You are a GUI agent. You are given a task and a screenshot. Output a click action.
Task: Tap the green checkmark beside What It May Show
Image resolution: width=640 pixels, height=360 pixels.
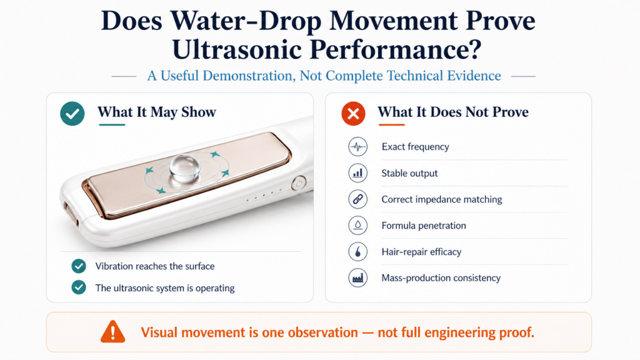72,114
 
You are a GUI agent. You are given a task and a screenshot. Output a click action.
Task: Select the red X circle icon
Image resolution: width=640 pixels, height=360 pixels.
354,114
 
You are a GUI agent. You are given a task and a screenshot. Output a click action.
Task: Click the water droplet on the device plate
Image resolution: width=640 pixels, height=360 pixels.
185,167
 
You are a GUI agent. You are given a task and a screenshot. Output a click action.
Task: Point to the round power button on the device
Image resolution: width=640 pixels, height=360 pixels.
299,183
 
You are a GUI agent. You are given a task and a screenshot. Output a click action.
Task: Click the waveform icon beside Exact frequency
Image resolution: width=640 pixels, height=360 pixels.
357,146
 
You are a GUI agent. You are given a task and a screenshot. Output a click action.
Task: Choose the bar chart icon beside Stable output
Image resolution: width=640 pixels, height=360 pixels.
357,173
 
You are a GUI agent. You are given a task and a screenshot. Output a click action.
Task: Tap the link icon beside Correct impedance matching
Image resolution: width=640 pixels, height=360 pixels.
357,199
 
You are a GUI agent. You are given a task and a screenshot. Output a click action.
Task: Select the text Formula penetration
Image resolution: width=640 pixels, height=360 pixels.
424,225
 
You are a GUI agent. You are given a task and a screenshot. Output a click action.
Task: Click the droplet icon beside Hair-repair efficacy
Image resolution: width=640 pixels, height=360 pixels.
357,252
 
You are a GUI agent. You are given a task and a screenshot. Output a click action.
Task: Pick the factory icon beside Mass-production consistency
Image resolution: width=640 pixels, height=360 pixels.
357,278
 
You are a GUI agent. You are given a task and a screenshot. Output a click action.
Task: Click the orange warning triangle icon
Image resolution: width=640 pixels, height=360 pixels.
112,331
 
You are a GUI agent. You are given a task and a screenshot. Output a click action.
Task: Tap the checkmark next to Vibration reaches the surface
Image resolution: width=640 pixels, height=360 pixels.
79,266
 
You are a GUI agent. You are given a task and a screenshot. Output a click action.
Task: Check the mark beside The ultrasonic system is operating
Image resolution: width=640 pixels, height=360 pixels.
79,287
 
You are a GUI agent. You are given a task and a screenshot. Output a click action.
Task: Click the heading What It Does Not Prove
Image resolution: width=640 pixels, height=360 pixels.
453,112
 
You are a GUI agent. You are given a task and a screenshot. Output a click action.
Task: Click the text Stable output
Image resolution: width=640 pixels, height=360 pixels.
409,173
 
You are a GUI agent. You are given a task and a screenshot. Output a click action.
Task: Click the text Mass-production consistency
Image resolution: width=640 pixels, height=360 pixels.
441,278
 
